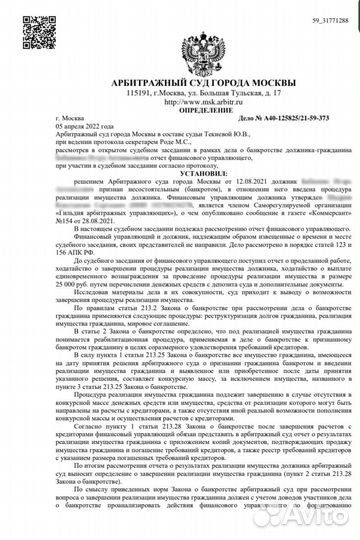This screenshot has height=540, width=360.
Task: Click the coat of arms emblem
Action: click(180, 41)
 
